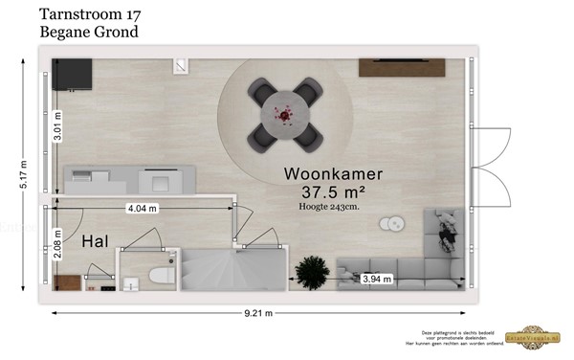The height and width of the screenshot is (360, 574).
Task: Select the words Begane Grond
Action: (89, 32)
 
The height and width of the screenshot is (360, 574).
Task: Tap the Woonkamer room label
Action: (333, 174)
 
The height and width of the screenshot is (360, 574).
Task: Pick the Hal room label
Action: (93, 241)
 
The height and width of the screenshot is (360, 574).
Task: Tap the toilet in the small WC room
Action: (160, 278)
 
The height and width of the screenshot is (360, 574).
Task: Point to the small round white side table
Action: (392, 225)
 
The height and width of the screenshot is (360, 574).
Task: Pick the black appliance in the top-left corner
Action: (72, 73)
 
